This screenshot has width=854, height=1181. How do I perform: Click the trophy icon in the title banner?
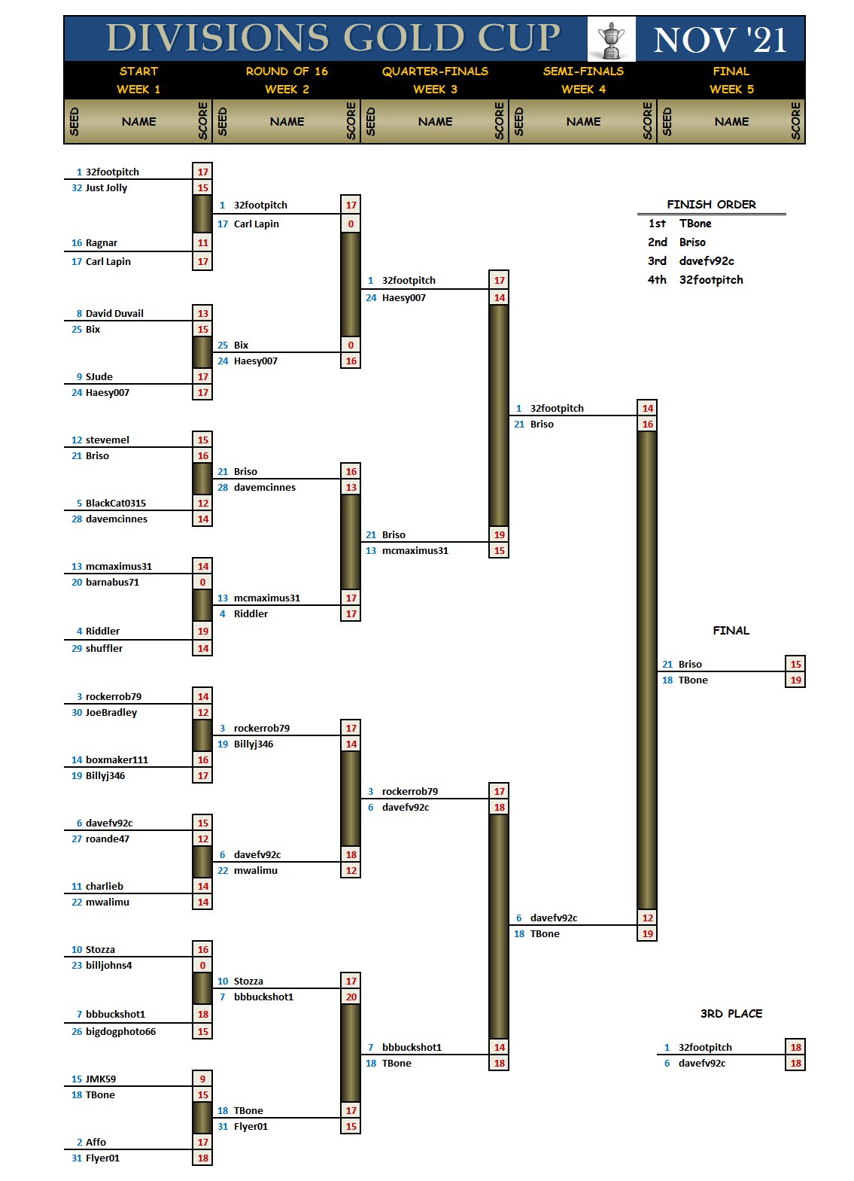coord(611,39)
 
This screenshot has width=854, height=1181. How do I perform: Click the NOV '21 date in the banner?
coord(720,39)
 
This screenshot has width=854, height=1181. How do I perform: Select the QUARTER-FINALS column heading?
coord(435,72)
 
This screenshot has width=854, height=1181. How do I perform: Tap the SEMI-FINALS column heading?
coord(583,72)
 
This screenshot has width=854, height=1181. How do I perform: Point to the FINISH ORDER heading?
coord(711,205)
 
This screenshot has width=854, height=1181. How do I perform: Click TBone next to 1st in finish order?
coord(695,224)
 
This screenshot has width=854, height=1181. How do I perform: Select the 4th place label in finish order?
coord(657,280)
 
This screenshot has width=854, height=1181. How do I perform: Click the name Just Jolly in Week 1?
coord(106,188)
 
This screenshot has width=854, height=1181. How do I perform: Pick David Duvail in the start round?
coord(114,314)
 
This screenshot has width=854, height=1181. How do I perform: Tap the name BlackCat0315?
coord(116,504)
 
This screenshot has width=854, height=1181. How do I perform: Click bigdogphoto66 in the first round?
coord(120,1032)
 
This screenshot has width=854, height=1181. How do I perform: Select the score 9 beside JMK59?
coord(202,1079)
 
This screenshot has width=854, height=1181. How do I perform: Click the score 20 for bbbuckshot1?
coord(351,997)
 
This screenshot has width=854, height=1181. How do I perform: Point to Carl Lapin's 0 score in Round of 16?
coord(351,224)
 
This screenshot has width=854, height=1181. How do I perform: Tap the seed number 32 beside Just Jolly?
coord(77,188)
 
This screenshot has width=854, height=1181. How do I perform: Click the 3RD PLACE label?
coord(731,1014)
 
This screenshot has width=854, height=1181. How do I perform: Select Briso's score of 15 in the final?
coord(795,665)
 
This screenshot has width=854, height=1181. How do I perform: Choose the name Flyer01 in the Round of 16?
coord(251,1127)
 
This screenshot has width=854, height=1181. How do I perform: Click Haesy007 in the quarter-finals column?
coord(403,298)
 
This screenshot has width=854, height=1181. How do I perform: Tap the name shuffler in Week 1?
coord(104,649)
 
